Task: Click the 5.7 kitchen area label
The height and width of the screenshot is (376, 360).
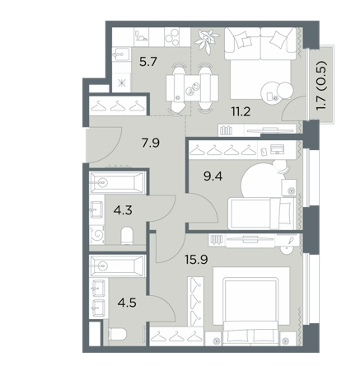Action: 148,62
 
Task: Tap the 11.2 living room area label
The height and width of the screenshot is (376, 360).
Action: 241,111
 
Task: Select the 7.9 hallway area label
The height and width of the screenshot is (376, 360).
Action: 151,143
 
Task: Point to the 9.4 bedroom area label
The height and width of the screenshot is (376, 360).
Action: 213,176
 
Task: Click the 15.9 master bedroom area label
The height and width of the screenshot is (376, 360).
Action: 196,259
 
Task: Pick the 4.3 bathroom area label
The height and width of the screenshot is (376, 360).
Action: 123,210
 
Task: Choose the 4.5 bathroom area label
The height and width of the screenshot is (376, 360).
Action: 127,304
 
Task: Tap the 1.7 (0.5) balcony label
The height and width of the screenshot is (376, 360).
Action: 321,86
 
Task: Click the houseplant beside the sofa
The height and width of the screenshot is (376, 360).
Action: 207,40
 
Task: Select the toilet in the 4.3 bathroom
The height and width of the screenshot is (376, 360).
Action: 127,236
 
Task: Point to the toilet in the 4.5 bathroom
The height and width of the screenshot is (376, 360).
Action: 117,335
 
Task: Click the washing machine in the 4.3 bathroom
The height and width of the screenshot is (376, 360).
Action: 97,235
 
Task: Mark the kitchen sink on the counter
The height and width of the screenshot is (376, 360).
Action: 121,54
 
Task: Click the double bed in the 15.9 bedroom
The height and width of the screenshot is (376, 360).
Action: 251,306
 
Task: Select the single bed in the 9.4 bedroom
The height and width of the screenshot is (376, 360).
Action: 263,214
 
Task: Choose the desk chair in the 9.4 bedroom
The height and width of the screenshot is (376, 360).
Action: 281,167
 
